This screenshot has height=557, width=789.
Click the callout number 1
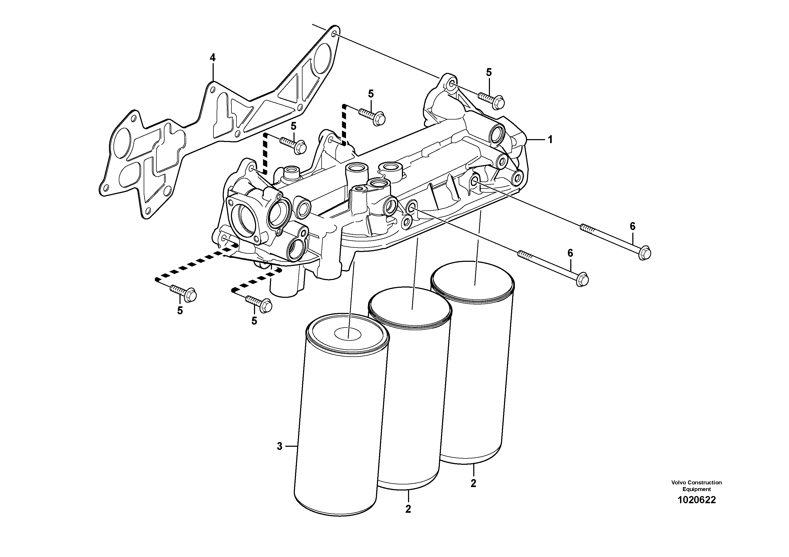click(x=550, y=139)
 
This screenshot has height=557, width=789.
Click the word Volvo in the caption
click(x=680, y=483)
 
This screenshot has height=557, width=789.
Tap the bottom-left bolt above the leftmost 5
click(x=183, y=294)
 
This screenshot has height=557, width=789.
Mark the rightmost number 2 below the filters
click(x=473, y=483)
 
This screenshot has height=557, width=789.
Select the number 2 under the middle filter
click(x=408, y=509)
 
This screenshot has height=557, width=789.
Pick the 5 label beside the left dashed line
click(x=293, y=126)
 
